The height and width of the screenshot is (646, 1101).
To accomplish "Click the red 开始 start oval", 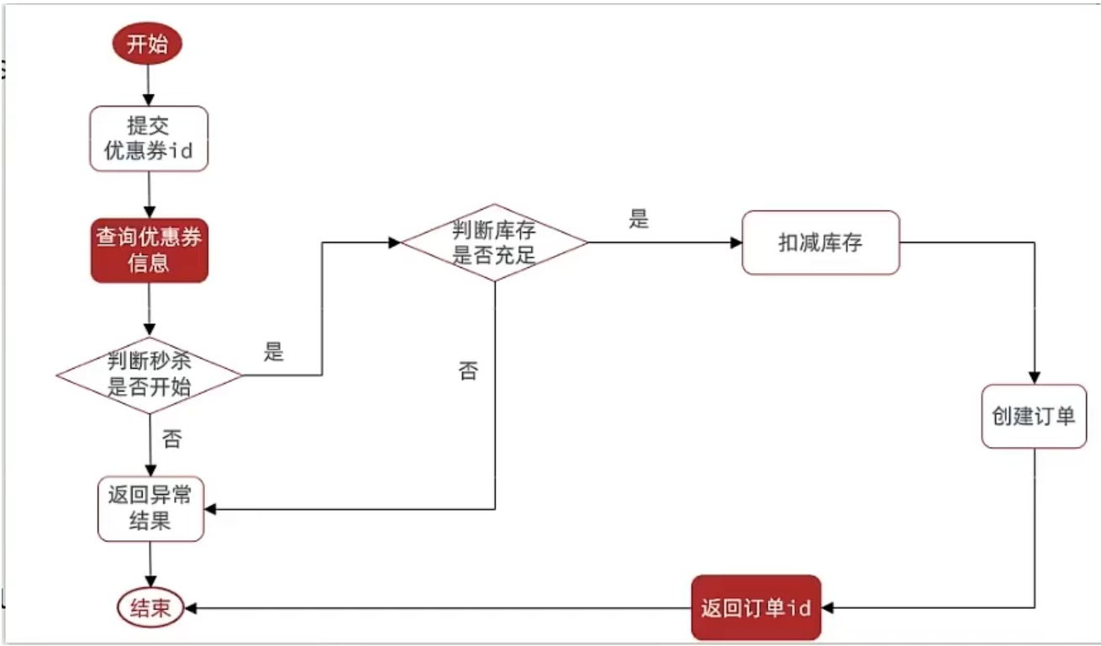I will [147, 45].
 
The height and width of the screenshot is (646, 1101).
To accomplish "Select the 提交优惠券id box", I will [149, 139].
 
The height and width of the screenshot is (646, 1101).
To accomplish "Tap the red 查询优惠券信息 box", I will [149, 250].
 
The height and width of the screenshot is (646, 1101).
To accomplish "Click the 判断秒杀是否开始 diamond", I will [149, 375].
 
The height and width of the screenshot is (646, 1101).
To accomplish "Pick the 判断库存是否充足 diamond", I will [494, 243].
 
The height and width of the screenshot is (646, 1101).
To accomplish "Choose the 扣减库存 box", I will [820, 243].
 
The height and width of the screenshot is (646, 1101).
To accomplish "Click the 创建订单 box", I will [1034, 417].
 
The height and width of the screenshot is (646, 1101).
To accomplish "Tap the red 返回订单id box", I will [756, 608].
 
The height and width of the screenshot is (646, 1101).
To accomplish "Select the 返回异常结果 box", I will [150, 508].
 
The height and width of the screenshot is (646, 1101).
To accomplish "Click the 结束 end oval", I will [150, 608].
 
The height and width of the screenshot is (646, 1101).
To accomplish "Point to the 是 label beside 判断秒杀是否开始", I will [274, 352].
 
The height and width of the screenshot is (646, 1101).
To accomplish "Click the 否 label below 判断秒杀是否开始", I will [171, 439].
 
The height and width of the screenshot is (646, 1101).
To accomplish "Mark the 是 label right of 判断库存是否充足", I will [639, 221].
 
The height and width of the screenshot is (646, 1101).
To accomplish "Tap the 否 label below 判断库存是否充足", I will [468, 370].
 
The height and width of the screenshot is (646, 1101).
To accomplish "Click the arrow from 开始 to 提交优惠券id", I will [149, 84].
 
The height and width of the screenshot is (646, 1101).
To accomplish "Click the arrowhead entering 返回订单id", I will [829, 608].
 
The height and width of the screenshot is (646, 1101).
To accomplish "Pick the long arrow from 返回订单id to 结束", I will [437, 608].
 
